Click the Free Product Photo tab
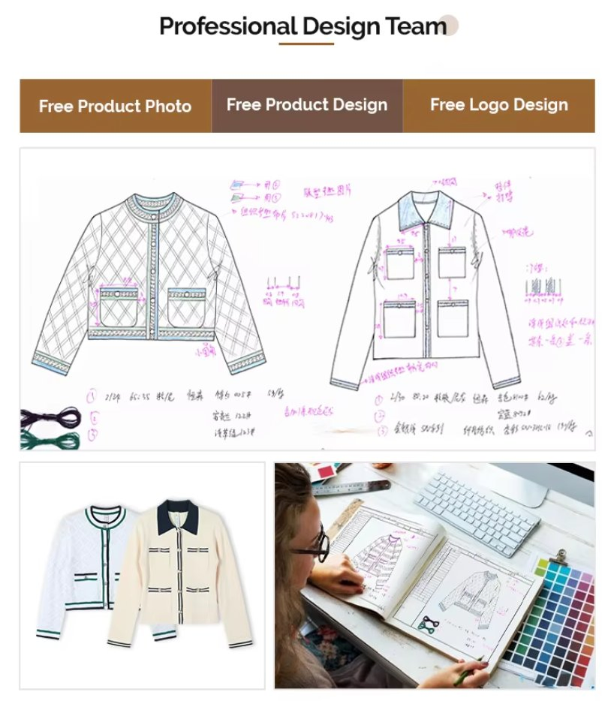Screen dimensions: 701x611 point(115,106)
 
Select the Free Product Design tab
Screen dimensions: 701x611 point(307,105)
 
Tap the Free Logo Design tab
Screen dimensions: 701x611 point(498,105)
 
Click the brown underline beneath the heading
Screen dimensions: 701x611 point(306,44)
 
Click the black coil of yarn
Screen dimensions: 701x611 point(50,417)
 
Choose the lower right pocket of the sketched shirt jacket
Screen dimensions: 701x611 point(453,318)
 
